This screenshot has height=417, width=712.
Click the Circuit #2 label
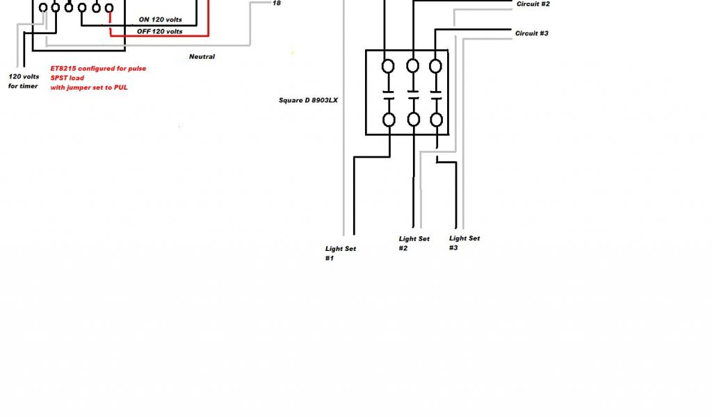[x=533, y=4]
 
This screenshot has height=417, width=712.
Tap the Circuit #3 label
[x=532, y=33]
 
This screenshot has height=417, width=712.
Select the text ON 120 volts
[x=160, y=19]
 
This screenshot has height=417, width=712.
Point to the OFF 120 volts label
[x=160, y=31]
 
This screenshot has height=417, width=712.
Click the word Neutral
[x=202, y=56]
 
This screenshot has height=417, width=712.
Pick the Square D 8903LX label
[x=309, y=100]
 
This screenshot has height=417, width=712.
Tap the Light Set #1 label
[x=341, y=253]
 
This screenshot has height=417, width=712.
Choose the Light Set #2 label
[x=414, y=243]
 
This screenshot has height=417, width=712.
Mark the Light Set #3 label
[x=464, y=243]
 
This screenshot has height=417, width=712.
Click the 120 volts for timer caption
[x=23, y=81]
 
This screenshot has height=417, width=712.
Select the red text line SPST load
[x=67, y=78]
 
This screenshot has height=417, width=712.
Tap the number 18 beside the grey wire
[x=277, y=3]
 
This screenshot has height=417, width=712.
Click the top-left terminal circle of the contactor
[x=389, y=66]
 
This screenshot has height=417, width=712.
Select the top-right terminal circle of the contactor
[x=436, y=66]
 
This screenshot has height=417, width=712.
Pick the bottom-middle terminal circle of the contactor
[x=413, y=120]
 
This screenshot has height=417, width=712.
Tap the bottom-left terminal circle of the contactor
[x=389, y=120]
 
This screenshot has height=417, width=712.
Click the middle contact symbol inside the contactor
[x=413, y=93]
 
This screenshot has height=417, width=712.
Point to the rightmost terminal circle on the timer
[x=108, y=8]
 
